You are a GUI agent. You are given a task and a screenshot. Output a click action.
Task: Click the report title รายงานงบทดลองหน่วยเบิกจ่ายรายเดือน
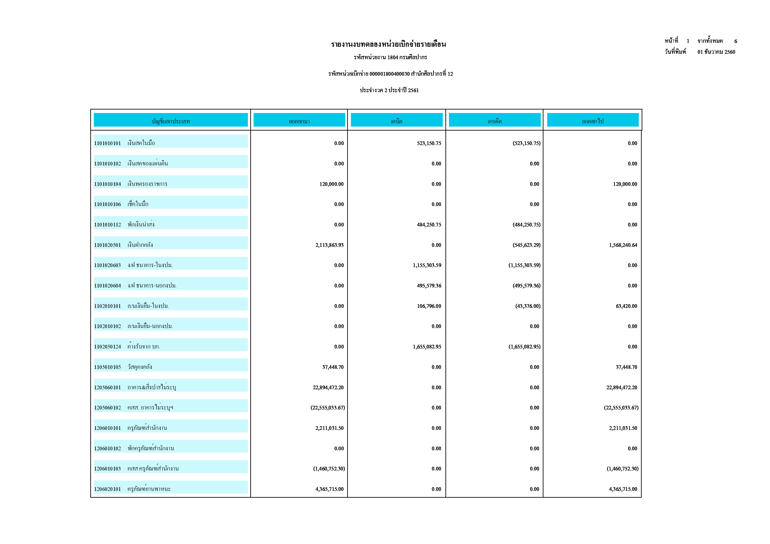tap(388, 44)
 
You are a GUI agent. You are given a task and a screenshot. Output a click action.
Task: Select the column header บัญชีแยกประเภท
tap(171, 121)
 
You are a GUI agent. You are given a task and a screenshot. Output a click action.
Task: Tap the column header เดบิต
tap(396, 121)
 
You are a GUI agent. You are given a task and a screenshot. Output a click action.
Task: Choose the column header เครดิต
tap(494, 121)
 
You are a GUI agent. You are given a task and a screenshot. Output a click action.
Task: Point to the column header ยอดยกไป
tap(593, 121)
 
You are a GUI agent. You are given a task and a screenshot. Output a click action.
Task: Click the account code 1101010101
tap(107, 143)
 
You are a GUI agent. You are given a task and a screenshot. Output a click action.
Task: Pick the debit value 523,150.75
tap(429, 143)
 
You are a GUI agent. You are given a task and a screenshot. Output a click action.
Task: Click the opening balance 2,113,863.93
tap(329, 245)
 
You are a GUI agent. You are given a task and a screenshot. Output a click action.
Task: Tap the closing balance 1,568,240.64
tap(623, 245)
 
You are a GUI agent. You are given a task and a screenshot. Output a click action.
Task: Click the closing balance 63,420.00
tap(626, 306)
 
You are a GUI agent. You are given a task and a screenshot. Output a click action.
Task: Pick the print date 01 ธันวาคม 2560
tap(716, 52)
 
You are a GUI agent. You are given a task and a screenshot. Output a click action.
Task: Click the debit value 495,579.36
tap(429, 286)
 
